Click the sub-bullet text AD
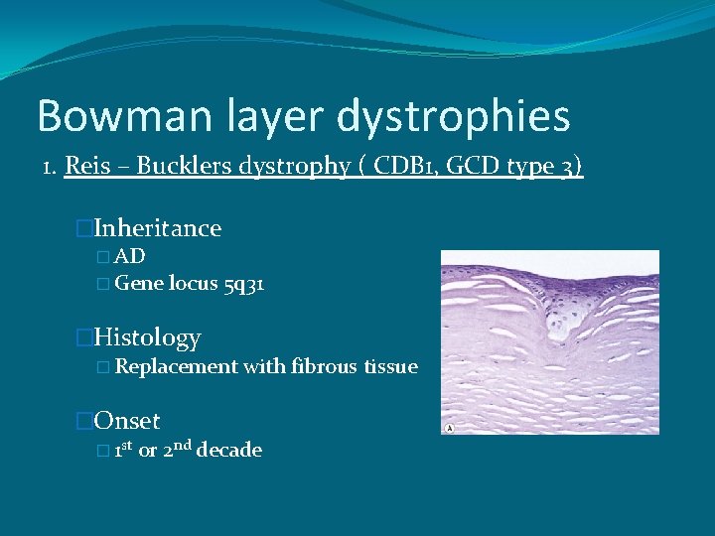[130, 256]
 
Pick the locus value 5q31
[243, 284]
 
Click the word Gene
[139, 284]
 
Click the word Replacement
[176, 367]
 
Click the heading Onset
[126, 421]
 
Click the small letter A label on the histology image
[451, 428]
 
